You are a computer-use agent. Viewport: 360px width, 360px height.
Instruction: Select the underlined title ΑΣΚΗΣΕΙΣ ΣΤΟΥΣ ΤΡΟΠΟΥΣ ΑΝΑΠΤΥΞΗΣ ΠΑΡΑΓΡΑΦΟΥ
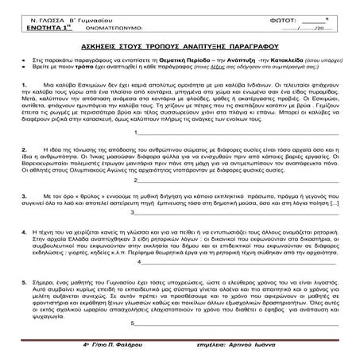coord(180,48)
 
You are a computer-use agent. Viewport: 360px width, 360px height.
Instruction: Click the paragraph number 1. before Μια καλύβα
coord(26,83)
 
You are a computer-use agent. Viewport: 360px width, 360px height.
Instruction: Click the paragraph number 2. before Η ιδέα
coord(26,149)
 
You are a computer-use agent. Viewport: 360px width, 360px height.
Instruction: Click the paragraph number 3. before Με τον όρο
coord(26,195)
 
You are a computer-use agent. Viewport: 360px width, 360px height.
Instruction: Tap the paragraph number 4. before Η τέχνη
coord(26,227)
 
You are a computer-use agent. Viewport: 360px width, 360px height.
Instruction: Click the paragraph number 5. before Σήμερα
coord(26,273)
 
